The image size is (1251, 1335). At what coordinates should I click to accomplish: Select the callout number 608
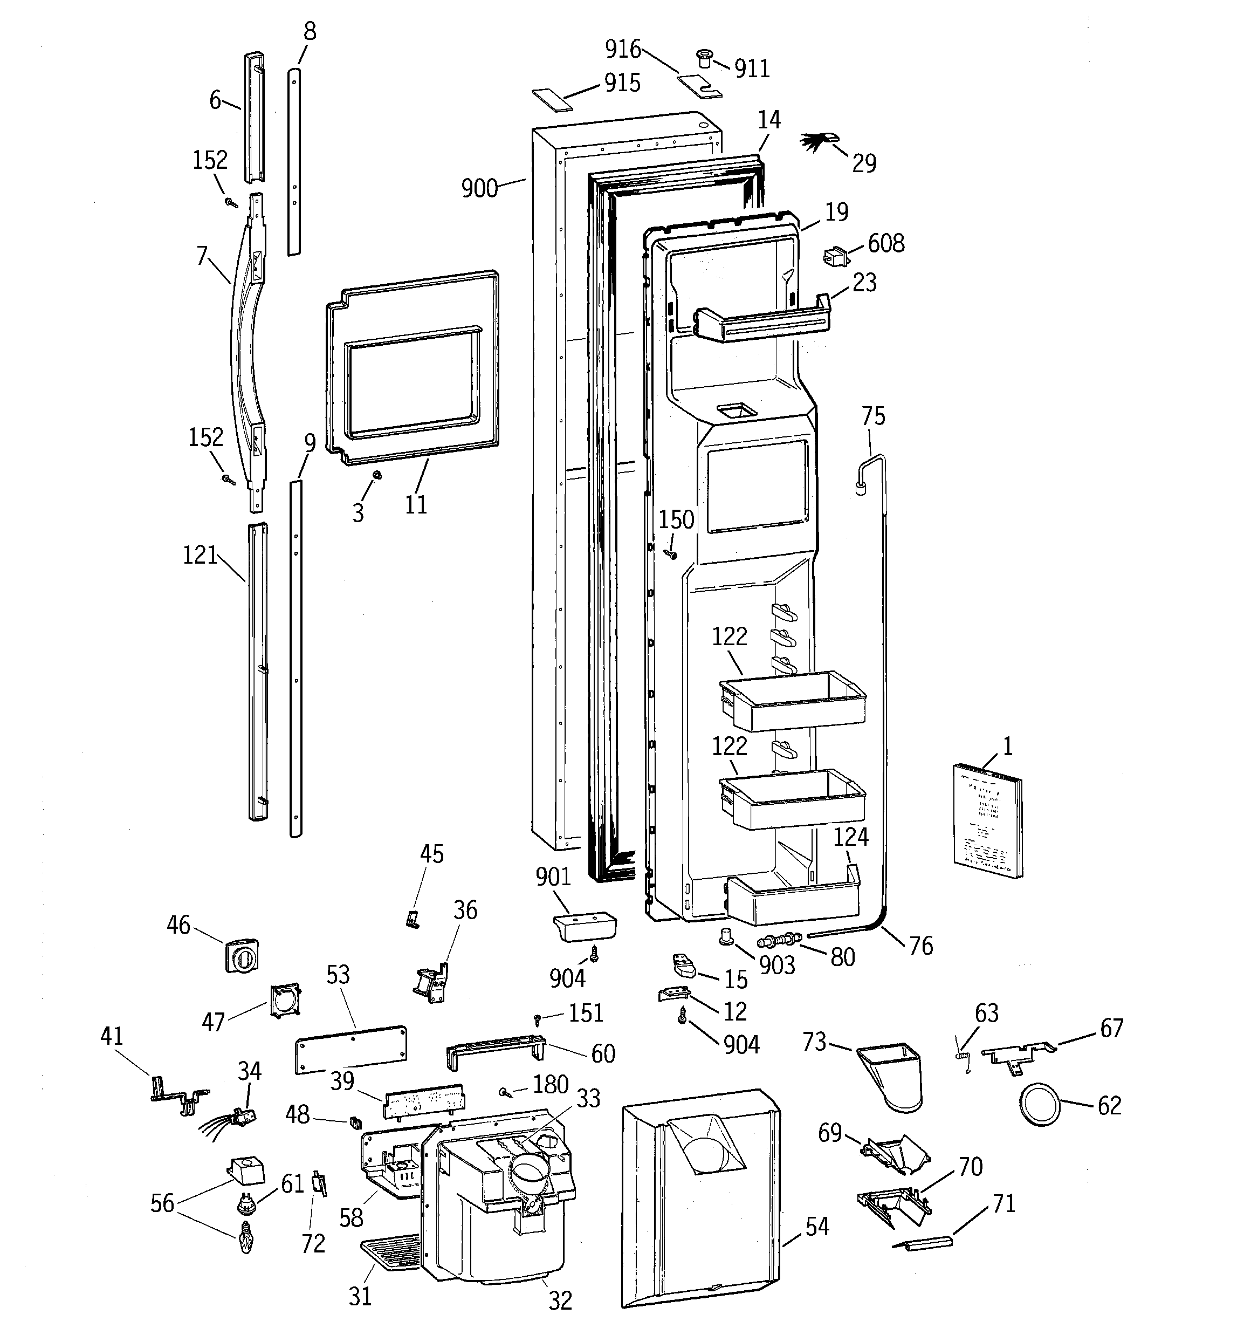click(886, 243)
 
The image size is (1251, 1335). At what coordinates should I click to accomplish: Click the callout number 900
click(479, 189)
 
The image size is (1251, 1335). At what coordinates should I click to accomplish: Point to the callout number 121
click(200, 556)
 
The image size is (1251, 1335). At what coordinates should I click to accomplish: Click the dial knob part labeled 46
click(242, 954)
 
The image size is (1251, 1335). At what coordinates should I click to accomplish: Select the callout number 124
click(851, 837)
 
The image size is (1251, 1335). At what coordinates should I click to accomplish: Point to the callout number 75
click(873, 416)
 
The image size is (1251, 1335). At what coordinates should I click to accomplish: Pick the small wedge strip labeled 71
click(923, 1242)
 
